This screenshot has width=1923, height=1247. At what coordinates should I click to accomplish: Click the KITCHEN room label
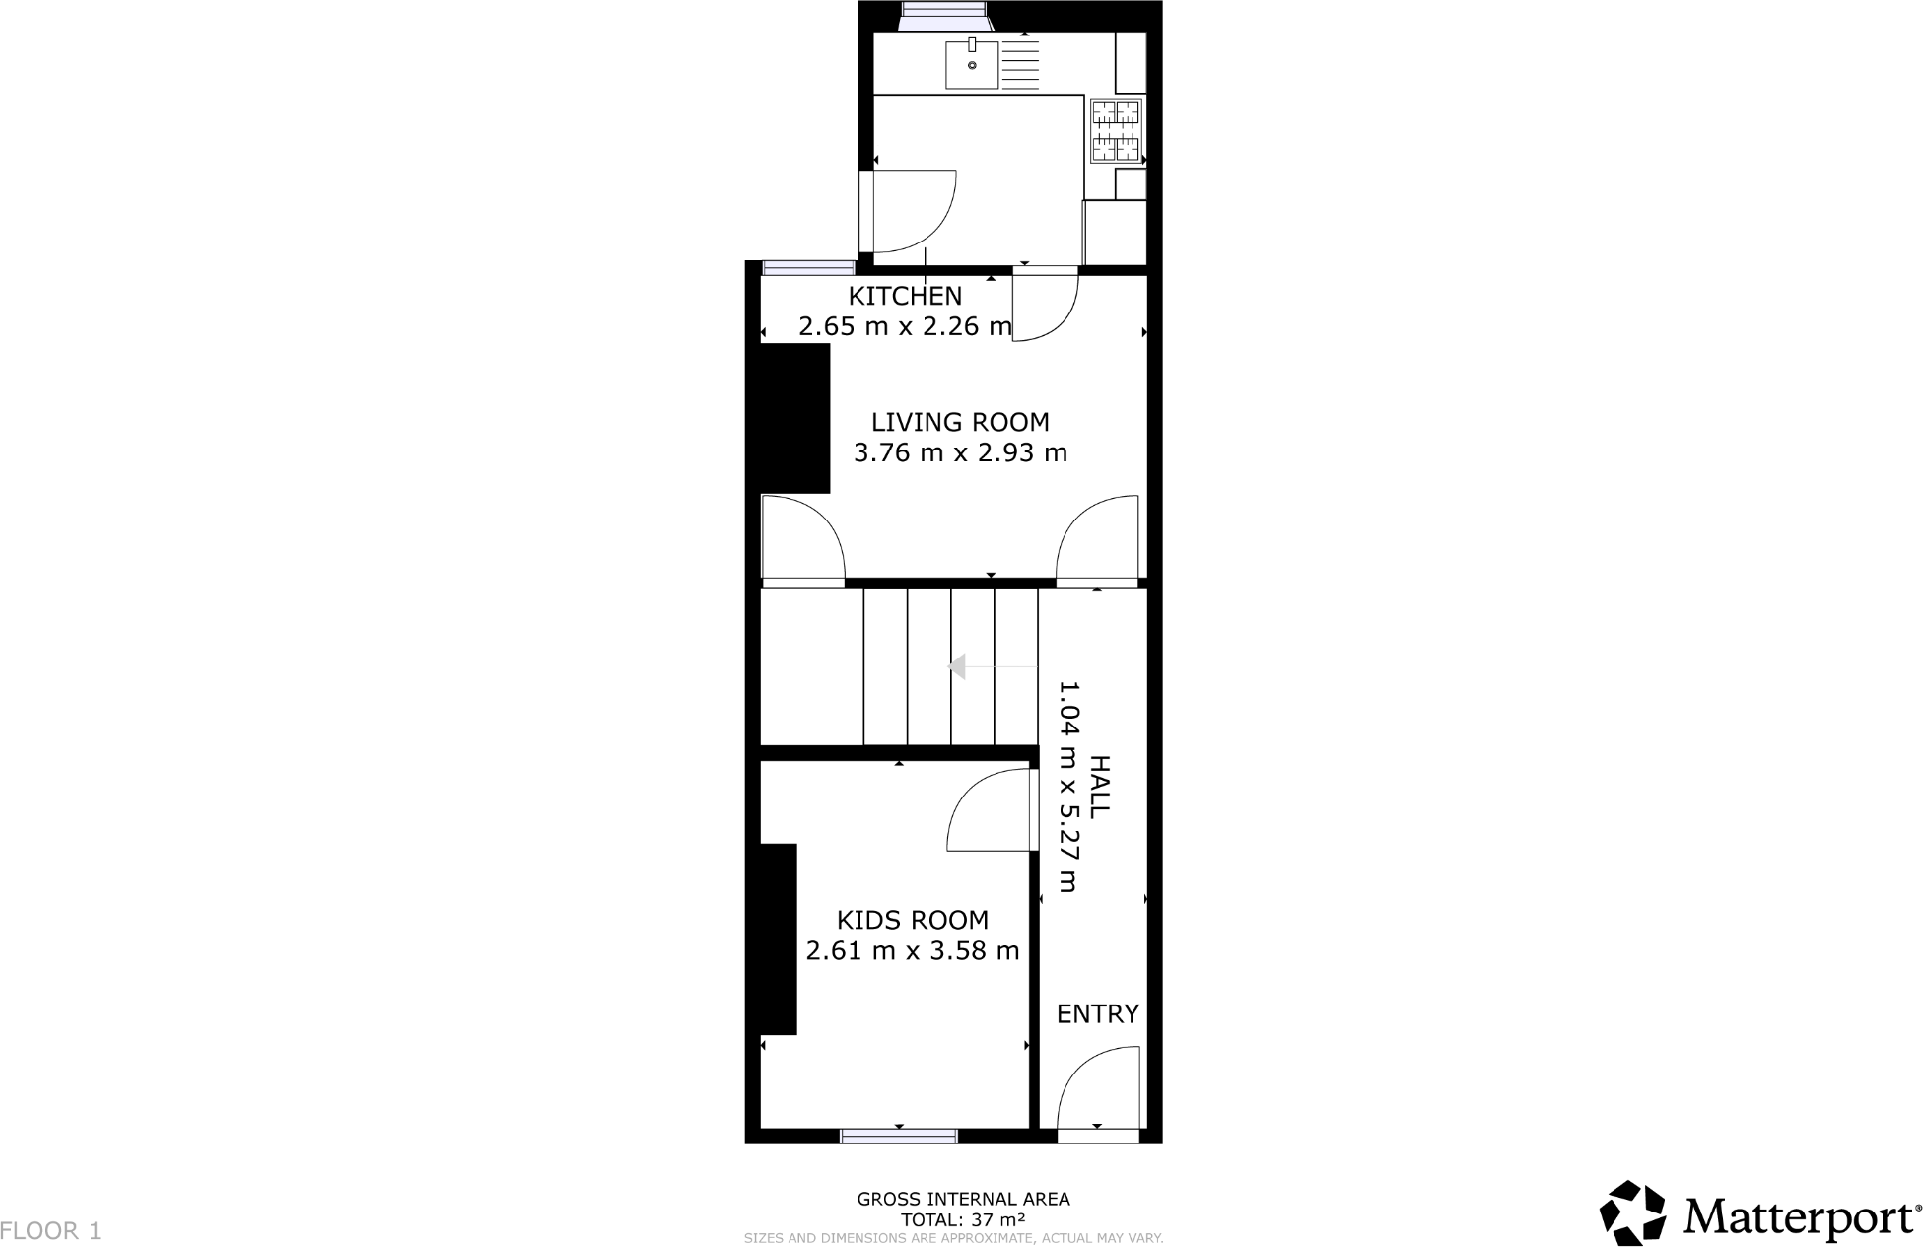click(905, 296)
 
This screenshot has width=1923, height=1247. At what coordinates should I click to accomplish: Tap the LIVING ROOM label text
click(960, 422)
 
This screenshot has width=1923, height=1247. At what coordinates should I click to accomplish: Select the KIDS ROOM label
click(912, 920)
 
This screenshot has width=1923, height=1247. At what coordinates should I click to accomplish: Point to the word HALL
click(1098, 787)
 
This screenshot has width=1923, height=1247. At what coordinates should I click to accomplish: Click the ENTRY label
click(1097, 1013)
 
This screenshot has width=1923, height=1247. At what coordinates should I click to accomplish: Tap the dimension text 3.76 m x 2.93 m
click(960, 453)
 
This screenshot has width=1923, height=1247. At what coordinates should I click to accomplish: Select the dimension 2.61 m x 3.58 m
click(912, 951)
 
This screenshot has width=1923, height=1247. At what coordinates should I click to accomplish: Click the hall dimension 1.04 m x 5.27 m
click(1068, 787)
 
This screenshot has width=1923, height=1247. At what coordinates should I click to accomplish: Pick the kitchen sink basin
click(972, 65)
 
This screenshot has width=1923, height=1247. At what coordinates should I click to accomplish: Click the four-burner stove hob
click(1116, 130)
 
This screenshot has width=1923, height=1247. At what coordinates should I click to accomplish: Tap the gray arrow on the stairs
click(956, 667)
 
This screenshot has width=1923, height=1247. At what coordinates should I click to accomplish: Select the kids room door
click(989, 810)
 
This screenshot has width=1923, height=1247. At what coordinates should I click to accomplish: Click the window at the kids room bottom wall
click(898, 1137)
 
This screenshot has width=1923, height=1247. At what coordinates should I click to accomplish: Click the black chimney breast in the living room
click(794, 418)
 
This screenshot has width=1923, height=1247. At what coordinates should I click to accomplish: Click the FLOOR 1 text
click(51, 1231)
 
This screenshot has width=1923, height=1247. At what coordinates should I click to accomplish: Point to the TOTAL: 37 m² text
click(962, 1219)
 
